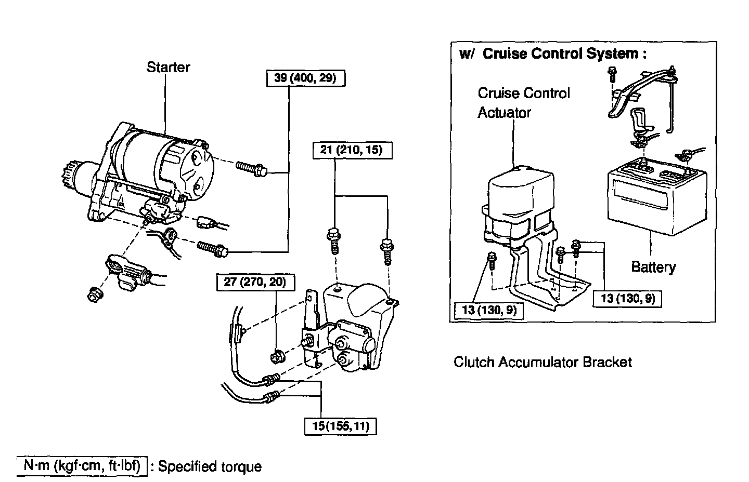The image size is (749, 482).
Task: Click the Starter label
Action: coord(168,67)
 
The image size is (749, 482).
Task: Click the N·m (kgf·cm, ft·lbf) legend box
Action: coord(82,466)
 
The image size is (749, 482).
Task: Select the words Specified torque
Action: coord(210,466)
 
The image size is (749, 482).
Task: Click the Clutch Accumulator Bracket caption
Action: coord(543,362)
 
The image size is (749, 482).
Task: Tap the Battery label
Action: coord(653,267)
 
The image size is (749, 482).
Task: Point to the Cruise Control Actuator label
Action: coord(523,103)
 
